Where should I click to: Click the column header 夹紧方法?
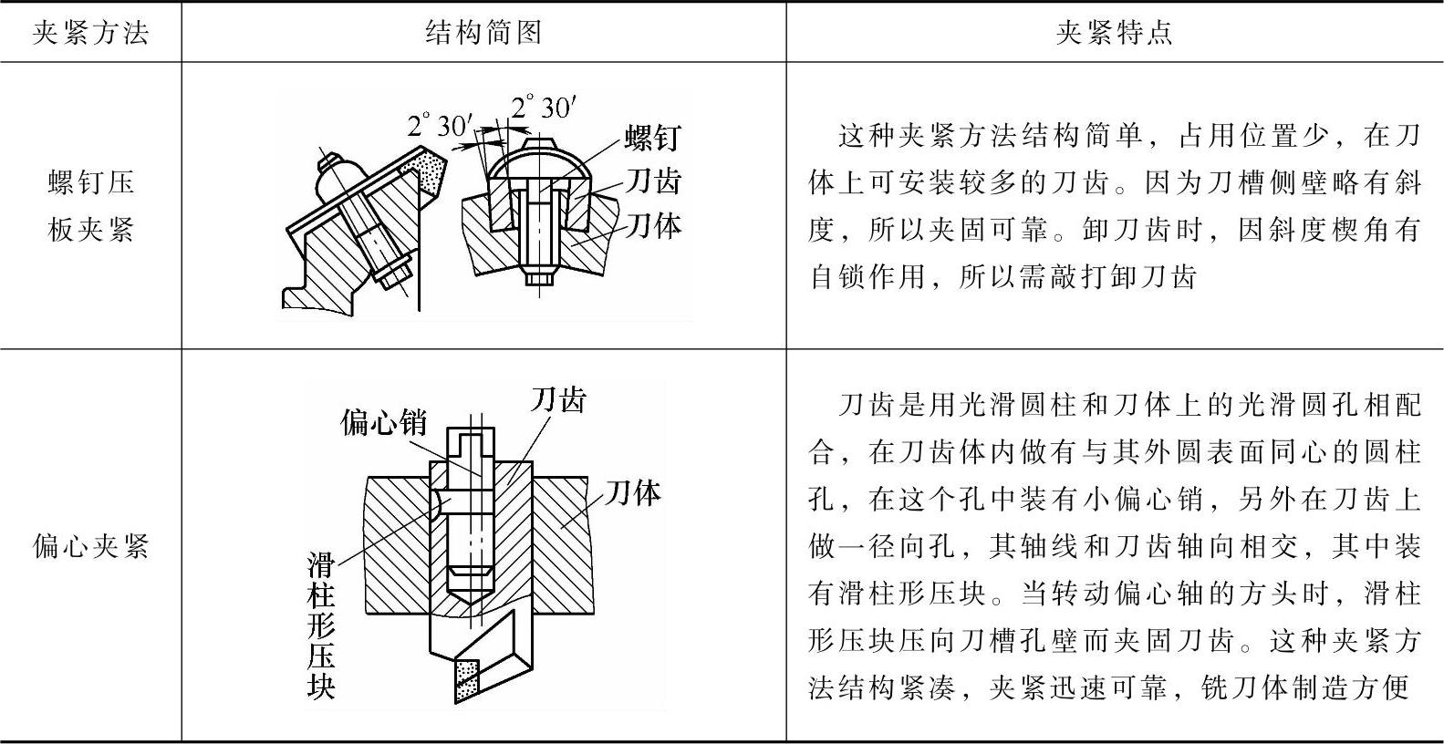point(90,33)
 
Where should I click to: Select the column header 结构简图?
point(483,33)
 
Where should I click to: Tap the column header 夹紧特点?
point(1114,33)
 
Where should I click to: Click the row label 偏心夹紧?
point(90,546)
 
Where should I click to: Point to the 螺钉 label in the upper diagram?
point(652,139)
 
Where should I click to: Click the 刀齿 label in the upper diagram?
point(653,181)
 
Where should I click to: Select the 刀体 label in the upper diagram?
point(653,224)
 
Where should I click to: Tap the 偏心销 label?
point(384,422)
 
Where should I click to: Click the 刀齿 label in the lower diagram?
point(558,399)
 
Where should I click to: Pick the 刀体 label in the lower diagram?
point(633,493)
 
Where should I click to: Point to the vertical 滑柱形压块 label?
point(321,625)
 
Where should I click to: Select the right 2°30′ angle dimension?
point(545,108)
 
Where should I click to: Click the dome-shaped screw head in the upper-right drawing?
point(537,160)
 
